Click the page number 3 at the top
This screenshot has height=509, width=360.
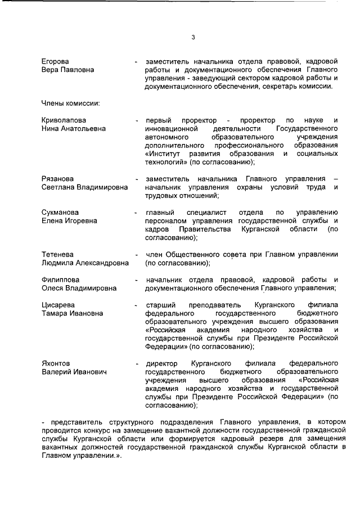[x=193, y=38]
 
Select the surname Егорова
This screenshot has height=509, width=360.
[x=55, y=61]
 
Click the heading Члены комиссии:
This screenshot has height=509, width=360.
[x=70, y=103]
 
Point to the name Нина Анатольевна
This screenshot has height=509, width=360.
[x=73, y=129]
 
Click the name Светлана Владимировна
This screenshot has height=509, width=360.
[x=85, y=187]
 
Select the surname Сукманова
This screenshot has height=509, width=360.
[x=60, y=213]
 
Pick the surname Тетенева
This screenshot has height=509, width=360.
[x=58, y=255]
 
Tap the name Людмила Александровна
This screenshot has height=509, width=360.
[x=85, y=263]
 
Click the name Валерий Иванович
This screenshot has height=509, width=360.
[x=73, y=372]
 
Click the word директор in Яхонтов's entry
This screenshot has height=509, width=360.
[x=163, y=364]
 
